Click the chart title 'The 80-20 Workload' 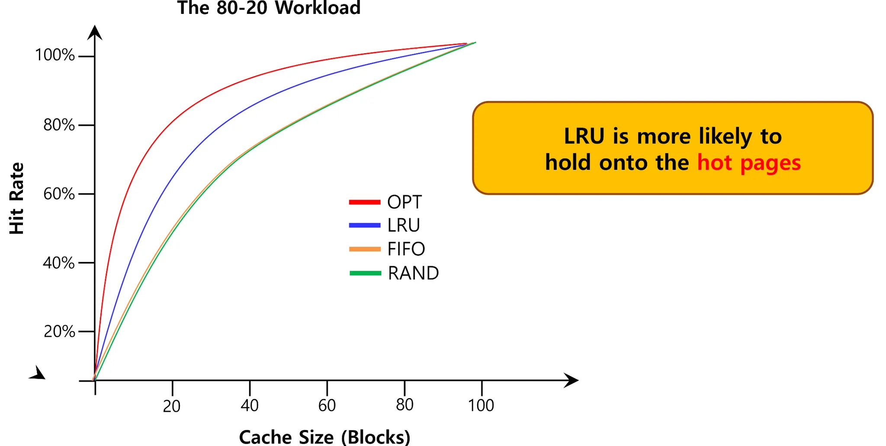(269, 8)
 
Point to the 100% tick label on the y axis (55, 55)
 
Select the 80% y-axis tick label (59, 125)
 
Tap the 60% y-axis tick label (59, 194)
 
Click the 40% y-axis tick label (59, 263)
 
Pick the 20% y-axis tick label (59, 331)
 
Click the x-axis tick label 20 (172, 406)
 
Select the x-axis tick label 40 (250, 405)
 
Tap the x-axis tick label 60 (327, 405)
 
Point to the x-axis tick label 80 (404, 405)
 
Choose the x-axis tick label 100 (481, 405)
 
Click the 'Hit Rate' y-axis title (16, 198)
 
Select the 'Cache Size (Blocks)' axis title (324, 437)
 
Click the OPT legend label (404, 202)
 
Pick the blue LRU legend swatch (365, 225)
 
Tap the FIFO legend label (406, 249)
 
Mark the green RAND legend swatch (365, 273)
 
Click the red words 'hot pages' (749, 163)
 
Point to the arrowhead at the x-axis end (572, 380)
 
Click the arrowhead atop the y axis (95, 33)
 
